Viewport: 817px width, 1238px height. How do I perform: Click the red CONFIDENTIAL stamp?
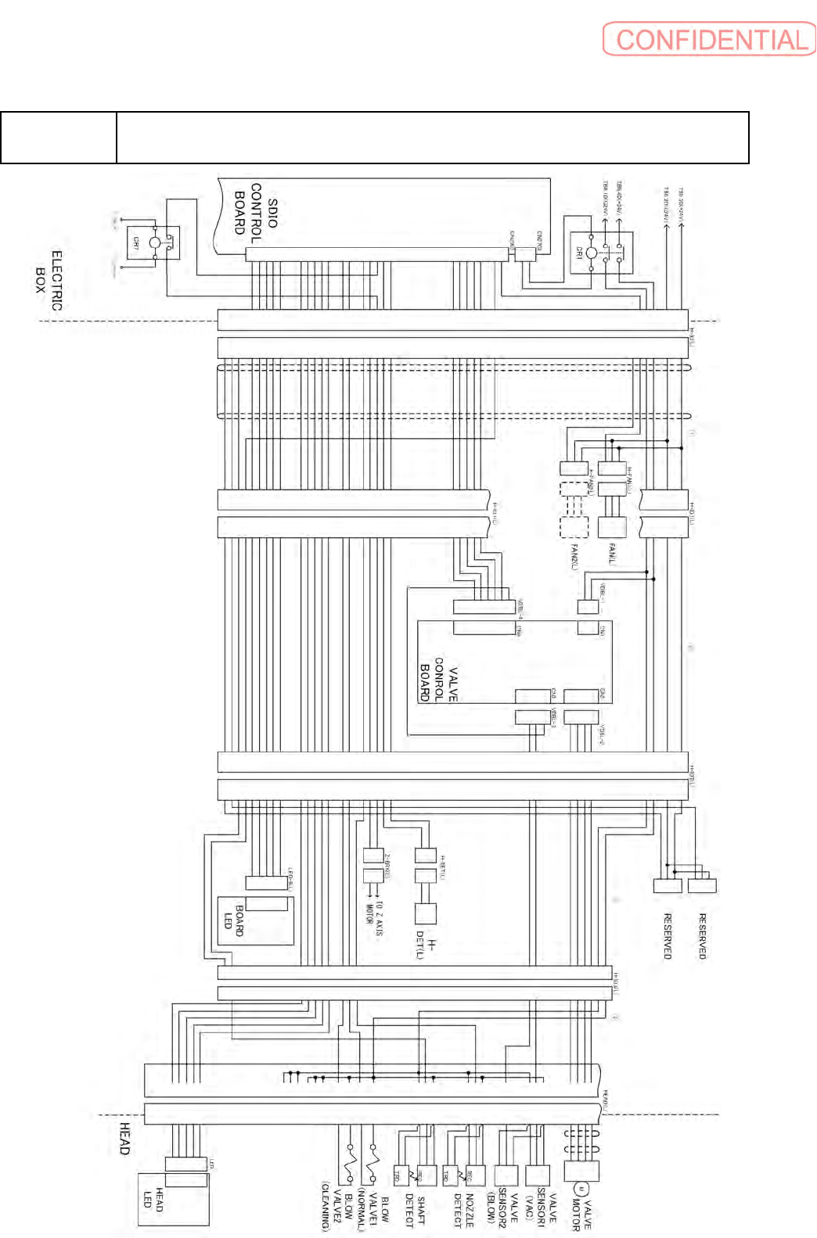point(709,39)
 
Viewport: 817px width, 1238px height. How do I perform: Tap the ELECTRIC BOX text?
point(48,280)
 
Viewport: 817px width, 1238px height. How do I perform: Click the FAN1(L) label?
point(612,554)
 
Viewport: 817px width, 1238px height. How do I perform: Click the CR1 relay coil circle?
point(591,253)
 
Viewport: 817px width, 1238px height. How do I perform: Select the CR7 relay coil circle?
point(155,242)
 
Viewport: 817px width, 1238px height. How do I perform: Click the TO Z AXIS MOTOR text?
point(375,917)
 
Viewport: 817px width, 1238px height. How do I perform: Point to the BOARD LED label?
point(234,920)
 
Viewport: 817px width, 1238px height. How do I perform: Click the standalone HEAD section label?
point(124,1138)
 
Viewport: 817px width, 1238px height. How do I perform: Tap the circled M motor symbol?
point(580,1190)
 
